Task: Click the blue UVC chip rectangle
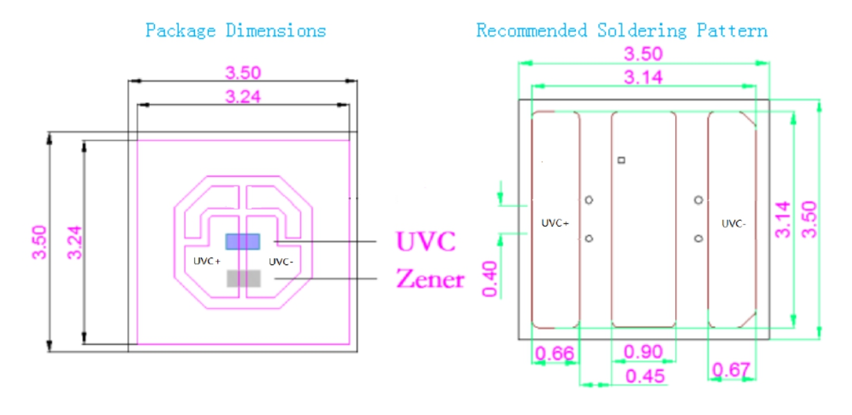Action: [x=242, y=241]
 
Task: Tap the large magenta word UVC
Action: [x=425, y=241]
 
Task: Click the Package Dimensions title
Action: [x=235, y=31]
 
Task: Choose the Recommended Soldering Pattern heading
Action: [x=622, y=31]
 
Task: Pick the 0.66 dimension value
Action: [x=554, y=353]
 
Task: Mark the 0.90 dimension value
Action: [x=643, y=352]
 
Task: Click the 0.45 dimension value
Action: [x=645, y=376]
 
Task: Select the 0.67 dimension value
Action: [x=731, y=371]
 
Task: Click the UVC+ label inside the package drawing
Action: [x=206, y=262]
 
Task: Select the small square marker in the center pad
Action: [x=622, y=160]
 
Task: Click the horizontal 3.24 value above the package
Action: [x=243, y=96]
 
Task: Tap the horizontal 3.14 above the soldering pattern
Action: [x=642, y=77]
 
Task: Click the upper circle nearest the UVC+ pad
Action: [x=589, y=200]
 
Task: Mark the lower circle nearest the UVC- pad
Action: [x=699, y=239]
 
